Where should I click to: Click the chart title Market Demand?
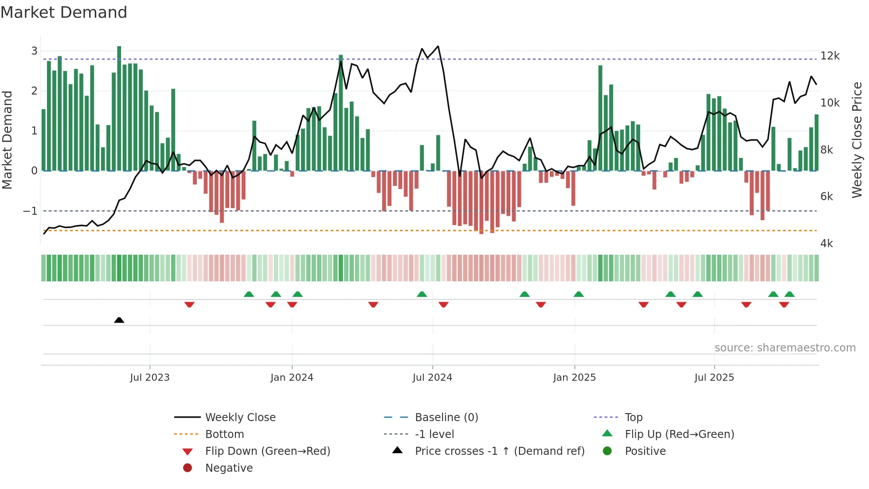click(64, 12)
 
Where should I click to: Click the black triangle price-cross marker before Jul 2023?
click(119, 320)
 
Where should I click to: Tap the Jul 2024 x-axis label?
click(432, 378)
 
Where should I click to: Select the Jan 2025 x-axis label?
click(574, 378)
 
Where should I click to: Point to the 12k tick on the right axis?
click(830, 56)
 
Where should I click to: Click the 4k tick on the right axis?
click(826, 244)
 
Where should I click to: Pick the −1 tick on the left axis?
click(30, 211)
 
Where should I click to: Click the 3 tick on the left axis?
click(34, 51)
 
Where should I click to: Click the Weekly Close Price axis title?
click(857, 140)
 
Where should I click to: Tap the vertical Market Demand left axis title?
click(7, 140)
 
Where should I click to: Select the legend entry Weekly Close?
click(240, 418)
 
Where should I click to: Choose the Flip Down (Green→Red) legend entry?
click(267, 451)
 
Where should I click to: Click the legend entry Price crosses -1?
click(499, 451)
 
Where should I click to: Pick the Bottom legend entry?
click(224, 434)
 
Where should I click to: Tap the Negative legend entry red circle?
click(188, 468)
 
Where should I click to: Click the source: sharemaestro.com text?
click(785, 348)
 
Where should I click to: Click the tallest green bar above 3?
click(119, 106)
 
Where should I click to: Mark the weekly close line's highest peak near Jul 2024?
click(438, 46)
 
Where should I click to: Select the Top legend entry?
click(633, 418)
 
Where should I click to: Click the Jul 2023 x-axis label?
click(149, 378)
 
